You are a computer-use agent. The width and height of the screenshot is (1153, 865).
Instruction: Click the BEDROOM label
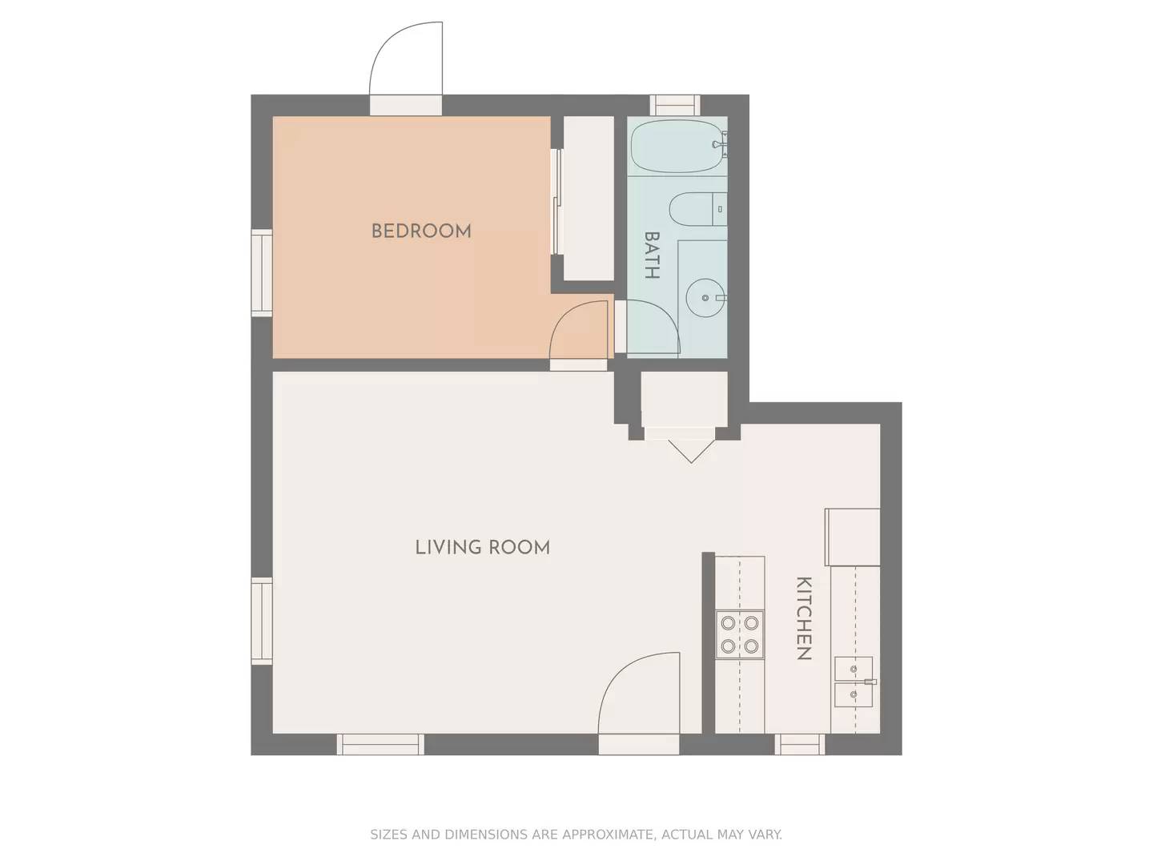[x=421, y=231]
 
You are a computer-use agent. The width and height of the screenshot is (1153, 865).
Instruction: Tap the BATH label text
[x=652, y=255]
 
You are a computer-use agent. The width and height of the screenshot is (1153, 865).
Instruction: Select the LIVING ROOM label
[x=482, y=548]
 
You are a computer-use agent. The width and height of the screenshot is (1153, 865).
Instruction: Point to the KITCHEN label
[x=804, y=618]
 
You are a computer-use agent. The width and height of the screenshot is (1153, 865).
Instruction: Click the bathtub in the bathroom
[x=677, y=146]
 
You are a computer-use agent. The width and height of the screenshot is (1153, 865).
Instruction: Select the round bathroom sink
[x=705, y=298]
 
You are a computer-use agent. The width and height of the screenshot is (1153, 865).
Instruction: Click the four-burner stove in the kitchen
[x=740, y=634]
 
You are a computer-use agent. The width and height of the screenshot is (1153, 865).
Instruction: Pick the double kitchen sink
[x=854, y=682]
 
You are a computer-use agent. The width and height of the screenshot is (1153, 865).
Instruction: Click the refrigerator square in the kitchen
[x=853, y=537]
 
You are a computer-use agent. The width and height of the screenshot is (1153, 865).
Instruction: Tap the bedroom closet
[x=589, y=198]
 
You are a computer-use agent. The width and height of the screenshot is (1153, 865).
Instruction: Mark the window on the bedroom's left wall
[x=262, y=272]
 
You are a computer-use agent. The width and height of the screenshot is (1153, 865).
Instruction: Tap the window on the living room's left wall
[x=262, y=621]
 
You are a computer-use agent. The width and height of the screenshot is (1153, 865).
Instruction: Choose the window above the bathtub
[x=674, y=105]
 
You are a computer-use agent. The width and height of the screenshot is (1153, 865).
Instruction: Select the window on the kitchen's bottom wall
[x=799, y=745]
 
